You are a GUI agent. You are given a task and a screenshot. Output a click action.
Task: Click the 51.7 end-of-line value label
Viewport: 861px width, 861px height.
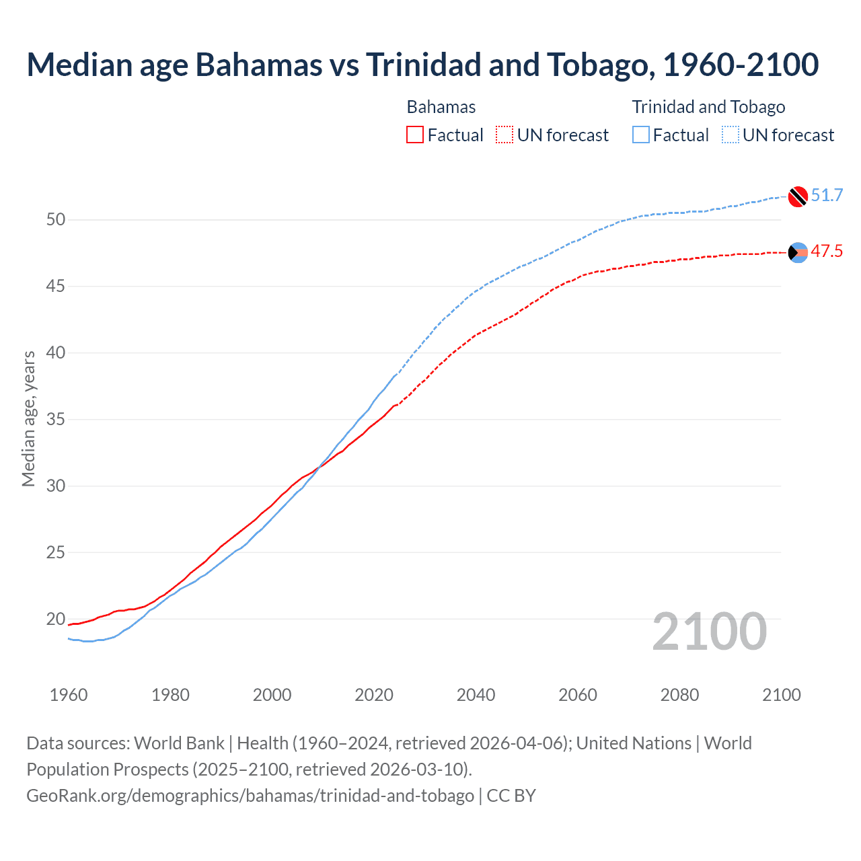pyautogui.click(x=827, y=196)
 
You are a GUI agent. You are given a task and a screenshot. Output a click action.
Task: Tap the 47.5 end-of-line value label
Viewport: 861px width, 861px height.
pyautogui.click(x=827, y=252)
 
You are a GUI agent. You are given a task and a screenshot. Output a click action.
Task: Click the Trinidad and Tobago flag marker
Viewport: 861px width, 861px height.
pyautogui.click(x=798, y=196)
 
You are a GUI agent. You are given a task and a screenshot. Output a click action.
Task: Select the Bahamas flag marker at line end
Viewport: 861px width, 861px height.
pyautogui.click(x=798, y=252)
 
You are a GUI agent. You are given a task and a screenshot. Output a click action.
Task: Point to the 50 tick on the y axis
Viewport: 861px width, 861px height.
pyautogui.click(x=56, y=220)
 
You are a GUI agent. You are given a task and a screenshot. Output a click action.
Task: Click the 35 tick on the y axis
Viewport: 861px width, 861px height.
pyautogui.click(x=56, y=420)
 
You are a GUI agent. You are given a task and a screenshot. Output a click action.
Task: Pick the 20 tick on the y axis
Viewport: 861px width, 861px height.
pyautogui.click(x=56, y=619)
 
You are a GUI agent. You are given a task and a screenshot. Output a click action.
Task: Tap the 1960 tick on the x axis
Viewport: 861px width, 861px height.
pyautogui.click(x=69, y=695)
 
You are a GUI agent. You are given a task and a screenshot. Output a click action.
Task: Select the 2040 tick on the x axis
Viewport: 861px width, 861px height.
pyautogui.click(x=476, y=695)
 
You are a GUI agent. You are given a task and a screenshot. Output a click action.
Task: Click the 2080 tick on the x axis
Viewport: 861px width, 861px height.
pyautogui.click(x=679, y=695)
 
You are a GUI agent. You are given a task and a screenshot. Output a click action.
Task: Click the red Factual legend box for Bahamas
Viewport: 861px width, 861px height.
pyautogui.click(x=415, y=135)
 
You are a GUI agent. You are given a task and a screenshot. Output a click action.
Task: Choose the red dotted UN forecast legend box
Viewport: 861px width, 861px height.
pyautogui.click(x=504, y=135)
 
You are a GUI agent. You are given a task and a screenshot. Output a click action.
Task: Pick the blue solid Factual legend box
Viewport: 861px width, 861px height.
pyautogui.click(x=641, y=135)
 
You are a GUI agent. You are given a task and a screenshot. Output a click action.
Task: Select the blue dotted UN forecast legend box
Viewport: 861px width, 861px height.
pyautogui.click(x=730, y=135)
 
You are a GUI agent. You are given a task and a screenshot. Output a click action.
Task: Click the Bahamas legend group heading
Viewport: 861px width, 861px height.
pyautogui.click(x=441, y=107)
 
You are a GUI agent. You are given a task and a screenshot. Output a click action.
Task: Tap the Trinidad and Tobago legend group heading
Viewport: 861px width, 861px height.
pyautogui.click(x=708, y=107)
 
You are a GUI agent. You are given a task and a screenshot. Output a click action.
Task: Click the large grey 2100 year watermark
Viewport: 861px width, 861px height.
pyautogui.click(x=709, y=632)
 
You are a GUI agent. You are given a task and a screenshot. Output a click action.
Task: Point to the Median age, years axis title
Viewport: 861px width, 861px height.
pyautogui.click(x=28, y=418)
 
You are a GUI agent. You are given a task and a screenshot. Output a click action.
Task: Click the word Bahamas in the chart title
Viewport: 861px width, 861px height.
pyautogui.click(x=258, y=65)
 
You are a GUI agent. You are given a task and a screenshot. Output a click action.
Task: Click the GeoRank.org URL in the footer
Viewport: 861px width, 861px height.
pyautogui.click(x=250, y=796)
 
